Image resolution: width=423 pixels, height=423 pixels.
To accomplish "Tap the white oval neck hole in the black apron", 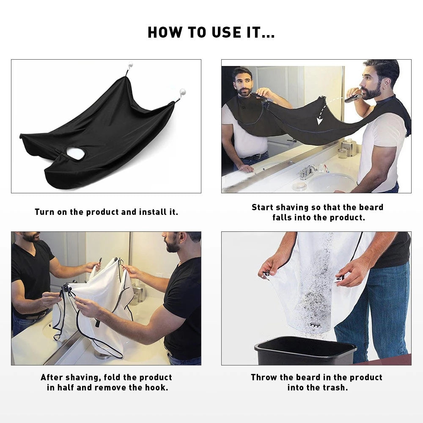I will tap(76, 154).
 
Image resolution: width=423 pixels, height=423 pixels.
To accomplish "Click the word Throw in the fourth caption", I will tap(263, 377).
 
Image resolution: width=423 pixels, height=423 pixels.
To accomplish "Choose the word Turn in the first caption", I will tap(44, 212).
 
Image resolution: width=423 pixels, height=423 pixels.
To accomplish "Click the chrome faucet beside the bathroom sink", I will tap(308, 171).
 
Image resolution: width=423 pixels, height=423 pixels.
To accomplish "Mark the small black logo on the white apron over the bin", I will tap(314, 325).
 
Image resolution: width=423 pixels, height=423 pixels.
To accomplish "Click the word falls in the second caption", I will tap(282, 218).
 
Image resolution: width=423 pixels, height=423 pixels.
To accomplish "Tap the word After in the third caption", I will tap(53, 377).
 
